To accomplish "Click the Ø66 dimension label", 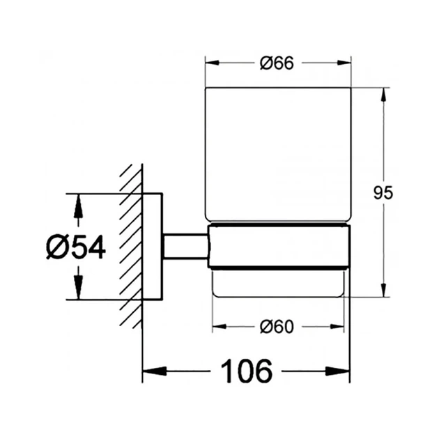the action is point(277,63).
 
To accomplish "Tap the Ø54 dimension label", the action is point(76,247).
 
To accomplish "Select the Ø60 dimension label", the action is point(277,326).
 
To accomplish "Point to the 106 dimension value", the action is point(247,371).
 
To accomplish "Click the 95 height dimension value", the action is point(383,192).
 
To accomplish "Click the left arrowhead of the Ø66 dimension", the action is point(212,63).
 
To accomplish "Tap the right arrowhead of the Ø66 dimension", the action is point(344,63).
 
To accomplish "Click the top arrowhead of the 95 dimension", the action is point(383,95).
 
